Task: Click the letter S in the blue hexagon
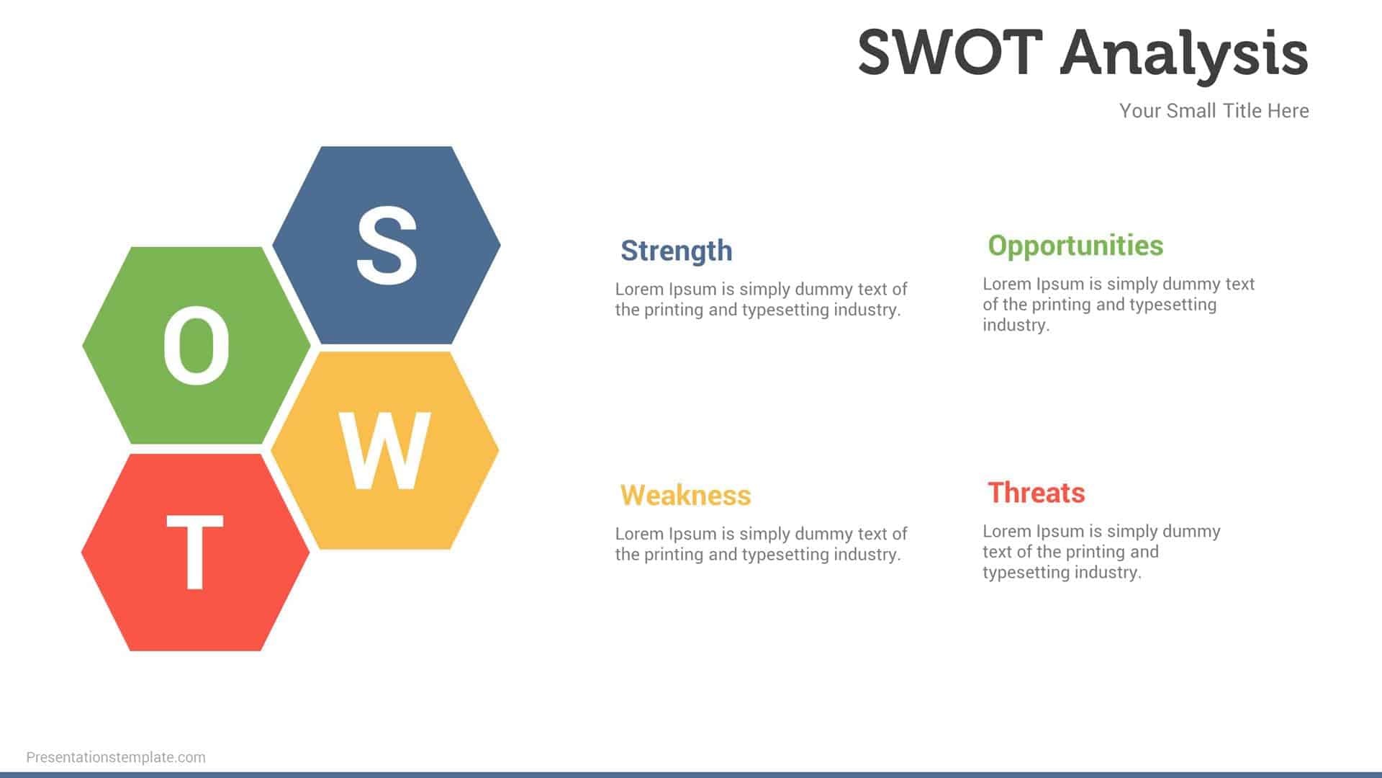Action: pyautogui.click(x=387, y=245)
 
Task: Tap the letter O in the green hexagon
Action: pyautogui.click(x=196, y=346)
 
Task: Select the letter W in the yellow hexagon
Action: pyautogui.click(x=385, y=452)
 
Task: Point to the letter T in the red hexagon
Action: pyautogui.click(x=194, y=553)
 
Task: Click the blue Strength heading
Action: pyautogui.click(x=676, y=251)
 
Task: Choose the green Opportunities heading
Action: pyautogui.click(x=1075, y=246)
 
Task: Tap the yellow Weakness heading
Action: pyautogui.click(x=685, y=496)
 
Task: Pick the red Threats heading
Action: pyautogui.click(x=1036, y=493)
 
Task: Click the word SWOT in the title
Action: pyautogui.click(x=950, y=53)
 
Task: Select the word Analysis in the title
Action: pyautogui.click(x=1184, y=54)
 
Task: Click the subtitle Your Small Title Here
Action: pyautogui.click(x=1214, y=111)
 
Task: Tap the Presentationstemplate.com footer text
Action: pyautogui.click(x=116, y=757)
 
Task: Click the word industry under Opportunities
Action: pyautogui.click(x=1015, y=326)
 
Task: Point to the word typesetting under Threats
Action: pyautogui.click(x=1026, y=573)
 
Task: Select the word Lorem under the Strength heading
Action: pyautogui.click(x=639, y=290)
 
